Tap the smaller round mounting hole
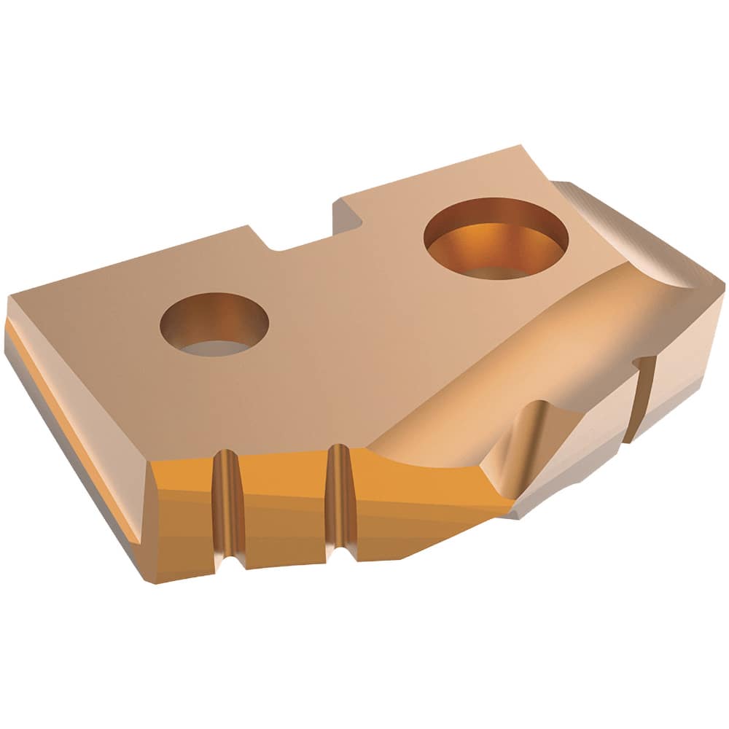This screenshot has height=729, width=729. coord(214,324)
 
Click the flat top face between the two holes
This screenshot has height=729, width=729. coord(343,306)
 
